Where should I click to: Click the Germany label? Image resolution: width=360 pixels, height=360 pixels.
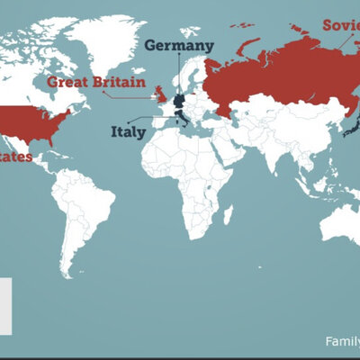[179, 45]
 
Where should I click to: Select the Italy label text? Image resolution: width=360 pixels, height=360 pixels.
[127, 131]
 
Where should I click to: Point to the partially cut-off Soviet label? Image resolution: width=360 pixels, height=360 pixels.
[341, 25]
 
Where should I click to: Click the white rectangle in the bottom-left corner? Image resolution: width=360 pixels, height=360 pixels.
[5, 305]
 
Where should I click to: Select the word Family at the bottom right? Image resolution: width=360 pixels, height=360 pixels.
[342, 341]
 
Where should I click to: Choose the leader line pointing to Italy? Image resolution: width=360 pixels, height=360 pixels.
[153, 120]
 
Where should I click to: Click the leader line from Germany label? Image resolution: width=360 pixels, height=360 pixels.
[179, 72]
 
